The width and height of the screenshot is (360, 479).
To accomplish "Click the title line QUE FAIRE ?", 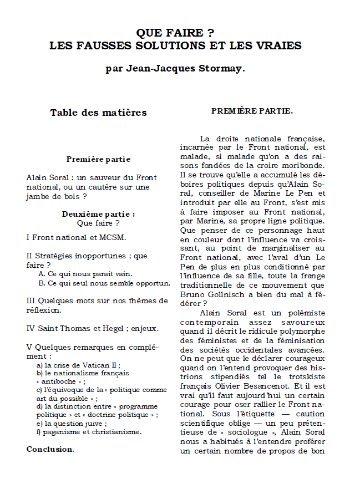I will [175, 33].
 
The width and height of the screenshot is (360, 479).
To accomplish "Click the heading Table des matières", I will [98, 113].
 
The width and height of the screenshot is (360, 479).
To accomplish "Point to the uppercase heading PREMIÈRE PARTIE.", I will [252, 111].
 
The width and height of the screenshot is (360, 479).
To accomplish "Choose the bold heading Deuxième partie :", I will [98, 214].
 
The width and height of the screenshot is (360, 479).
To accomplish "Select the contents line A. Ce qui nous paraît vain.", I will [85, 274].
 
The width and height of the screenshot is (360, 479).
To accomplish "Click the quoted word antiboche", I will [58, 382].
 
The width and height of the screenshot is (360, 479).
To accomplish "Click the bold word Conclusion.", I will [50, 449].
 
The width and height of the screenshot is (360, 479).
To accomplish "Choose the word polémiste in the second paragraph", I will [303, 313].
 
